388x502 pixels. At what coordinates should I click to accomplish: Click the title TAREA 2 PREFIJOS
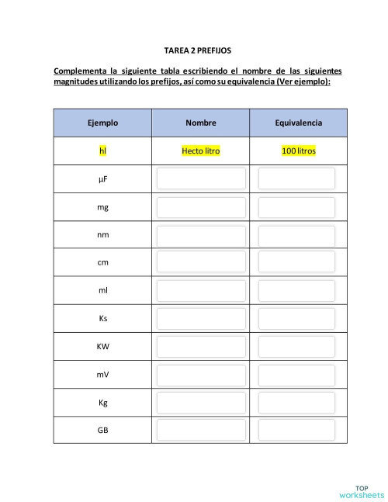tap(198, 49)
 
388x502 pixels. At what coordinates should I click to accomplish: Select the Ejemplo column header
tap(102, 123)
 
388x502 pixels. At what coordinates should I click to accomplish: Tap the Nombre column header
tap(201, 123)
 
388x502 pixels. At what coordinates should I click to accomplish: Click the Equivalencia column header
tap(298, 123)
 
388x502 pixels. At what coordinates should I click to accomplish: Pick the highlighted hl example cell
tap(102, 151)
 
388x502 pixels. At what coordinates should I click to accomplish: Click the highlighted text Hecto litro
tap(201, 151)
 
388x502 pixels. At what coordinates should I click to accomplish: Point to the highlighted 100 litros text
tap(298, 151)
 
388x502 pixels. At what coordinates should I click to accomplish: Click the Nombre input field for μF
tap(201, 179)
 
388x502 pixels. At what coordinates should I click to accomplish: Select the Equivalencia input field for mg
tap(297, 207)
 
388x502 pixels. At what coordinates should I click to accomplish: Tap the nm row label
tap(102, 235)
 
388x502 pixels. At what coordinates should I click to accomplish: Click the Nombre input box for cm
tap(201, 262)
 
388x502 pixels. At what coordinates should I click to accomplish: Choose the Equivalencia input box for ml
tap(297, 290)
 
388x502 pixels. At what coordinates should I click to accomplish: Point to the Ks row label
tap(102, 318)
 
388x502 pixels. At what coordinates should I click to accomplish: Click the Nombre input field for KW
tap(201, 346)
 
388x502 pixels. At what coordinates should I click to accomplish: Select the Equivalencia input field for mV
tap(297, 374)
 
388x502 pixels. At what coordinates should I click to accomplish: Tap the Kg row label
tap(102, 402)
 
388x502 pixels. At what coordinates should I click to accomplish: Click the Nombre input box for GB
tap(201, 429)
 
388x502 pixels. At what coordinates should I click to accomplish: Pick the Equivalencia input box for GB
tap(297, 429)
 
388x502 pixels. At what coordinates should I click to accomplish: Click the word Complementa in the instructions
tap(80, 71)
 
